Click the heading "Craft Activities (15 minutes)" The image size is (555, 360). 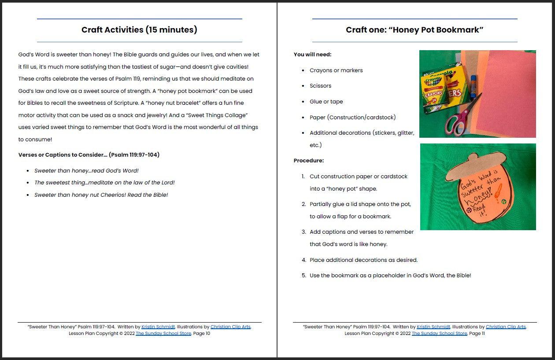(139, 30)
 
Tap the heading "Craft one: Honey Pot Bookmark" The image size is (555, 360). (414, 30)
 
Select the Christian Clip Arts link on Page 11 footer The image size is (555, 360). (506, 327)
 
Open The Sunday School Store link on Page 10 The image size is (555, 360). (163, 334)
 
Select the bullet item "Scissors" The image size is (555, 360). (320, 86)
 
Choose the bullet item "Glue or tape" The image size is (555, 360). (326, 102)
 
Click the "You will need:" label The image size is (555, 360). (312, 55)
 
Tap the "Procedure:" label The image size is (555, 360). (309, 161)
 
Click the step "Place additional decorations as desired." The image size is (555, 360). (363, 260)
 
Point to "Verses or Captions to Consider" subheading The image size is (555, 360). (89, 155)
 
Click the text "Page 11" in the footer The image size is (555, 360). (477, 334)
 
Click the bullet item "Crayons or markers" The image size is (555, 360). (336, 70)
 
